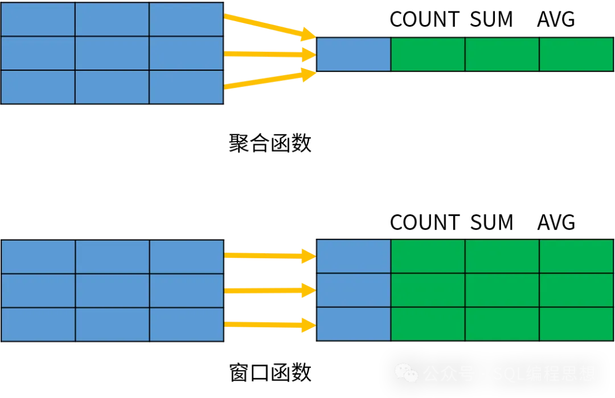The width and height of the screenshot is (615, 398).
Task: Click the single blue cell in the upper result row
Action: (x=354, y=55)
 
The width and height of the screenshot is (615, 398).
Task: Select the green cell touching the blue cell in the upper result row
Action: (x=428, y=55)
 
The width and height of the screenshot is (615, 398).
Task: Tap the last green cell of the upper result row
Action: (x=576, y=55)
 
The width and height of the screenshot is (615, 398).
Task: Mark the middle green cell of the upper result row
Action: (x=502, y=55)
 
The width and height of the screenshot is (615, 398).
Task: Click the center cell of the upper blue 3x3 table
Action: (x=112, y=53)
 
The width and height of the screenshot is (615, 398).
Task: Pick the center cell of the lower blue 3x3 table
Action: (x=112, y=291)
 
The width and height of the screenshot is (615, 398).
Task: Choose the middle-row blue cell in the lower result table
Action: (x=354, y=291)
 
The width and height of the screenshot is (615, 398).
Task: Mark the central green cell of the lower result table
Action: (x=502, y=291)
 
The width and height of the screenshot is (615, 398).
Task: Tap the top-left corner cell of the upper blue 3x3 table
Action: (x=38, y=19)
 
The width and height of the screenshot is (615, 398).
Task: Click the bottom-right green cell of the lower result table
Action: (x=576, y=324)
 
